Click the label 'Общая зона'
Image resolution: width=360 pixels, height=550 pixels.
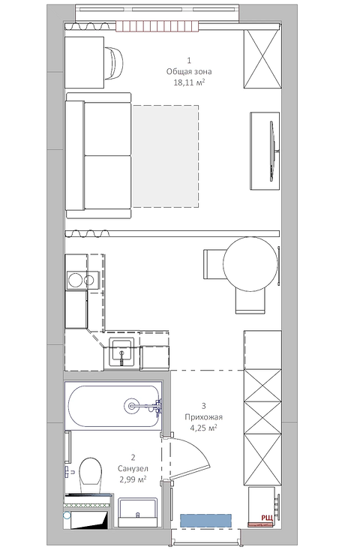[x=189, y=71]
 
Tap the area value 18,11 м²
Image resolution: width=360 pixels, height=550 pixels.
[x=189, y=83]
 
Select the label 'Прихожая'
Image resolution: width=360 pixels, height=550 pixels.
[x=204, y=417]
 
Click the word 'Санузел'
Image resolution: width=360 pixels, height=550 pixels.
[x=133, y=468]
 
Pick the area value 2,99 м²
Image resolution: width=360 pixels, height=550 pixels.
[x=133, y=479]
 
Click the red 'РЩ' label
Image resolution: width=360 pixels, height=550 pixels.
[x=267, y=518]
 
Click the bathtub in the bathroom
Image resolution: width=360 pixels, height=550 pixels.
[x=113, y=406]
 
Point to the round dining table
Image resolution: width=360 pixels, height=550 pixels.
[x=250, y=264]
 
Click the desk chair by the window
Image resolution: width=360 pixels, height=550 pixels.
[x=114, y=63]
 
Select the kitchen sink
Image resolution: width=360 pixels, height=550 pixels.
[x=121, y=350]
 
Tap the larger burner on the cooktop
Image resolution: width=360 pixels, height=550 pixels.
[x=75, y=281]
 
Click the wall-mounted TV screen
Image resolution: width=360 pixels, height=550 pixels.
[x=271, y=151]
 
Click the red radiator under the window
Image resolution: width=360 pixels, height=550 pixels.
[x=157, y=27]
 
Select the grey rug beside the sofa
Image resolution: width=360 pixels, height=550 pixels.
[x=165, y=156]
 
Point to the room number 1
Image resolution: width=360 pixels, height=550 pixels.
[x=189, y=61]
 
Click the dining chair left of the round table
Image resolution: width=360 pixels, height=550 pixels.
[x=214, y=264]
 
